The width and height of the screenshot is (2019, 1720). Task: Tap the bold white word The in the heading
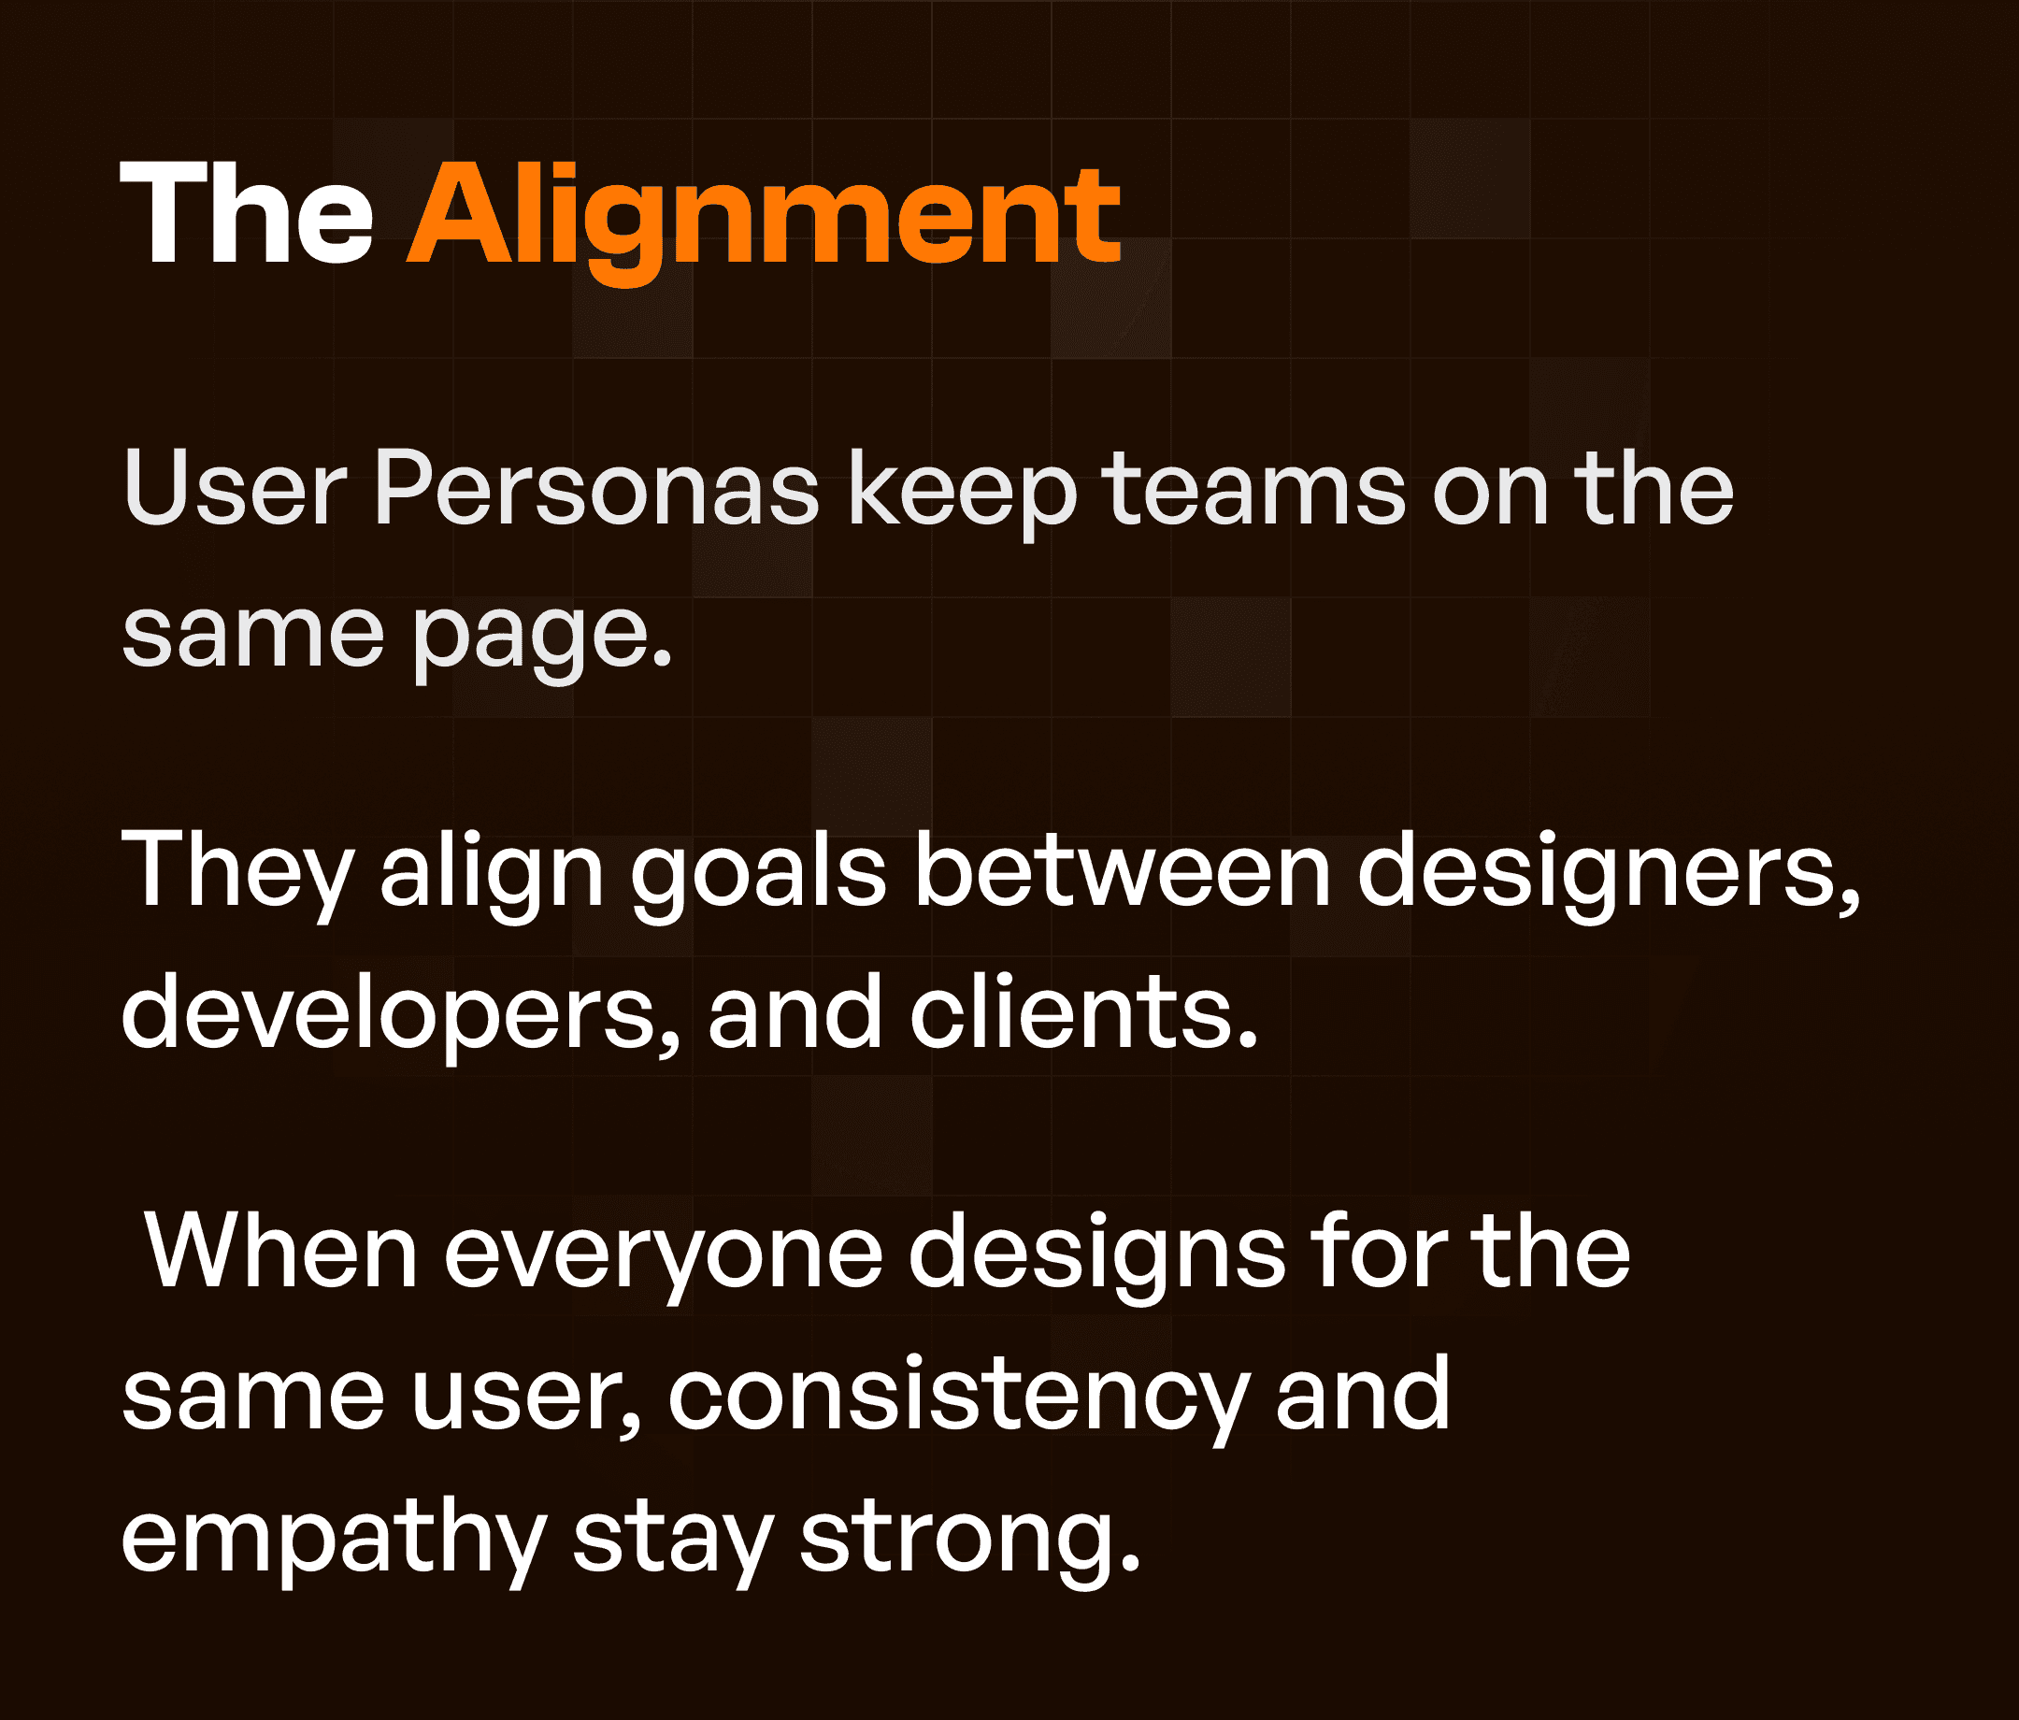(247, 214)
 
